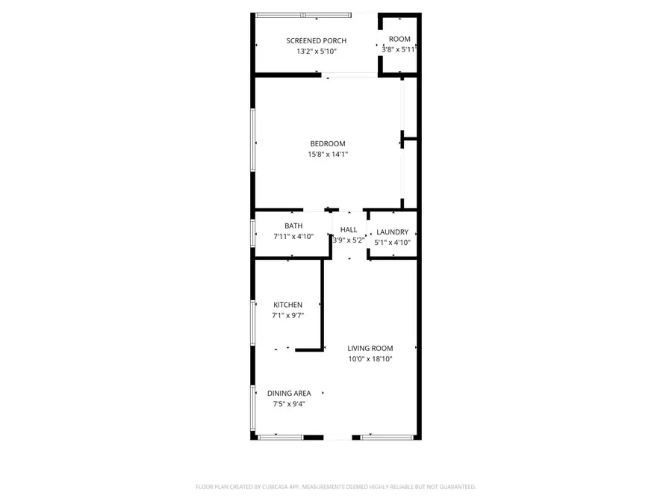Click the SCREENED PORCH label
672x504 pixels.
pyautogui.click(x=317, y=40)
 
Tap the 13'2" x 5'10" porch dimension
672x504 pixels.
pyautogui.click(x=317, y=52)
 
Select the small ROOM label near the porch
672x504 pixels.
pyautogui.click(x=399, y=39)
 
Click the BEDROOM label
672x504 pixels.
pyautogui.click(x=328, y=143)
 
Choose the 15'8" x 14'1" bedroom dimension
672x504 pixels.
pyautogui.click(x=328, y=155)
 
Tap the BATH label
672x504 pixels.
pyautogui.click(x=293, y=225)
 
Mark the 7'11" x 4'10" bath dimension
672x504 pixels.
pyautogui.click(x=293, y=237)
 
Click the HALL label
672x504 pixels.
pyautogui.click(x=349, y=230)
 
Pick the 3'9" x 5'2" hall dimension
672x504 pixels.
pyautogui.click(x=349, y=240)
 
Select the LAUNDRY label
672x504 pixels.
pyautogui.click(x=392, y=232)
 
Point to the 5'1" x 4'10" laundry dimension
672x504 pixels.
pyautogui.click(x=392, y=243)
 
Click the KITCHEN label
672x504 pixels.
pyautogui.click(x=287, y=305)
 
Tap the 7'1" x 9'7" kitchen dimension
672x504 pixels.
pyautogui.click(x=287, y=316)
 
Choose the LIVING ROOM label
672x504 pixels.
pyautogui.click(x=370, y=348)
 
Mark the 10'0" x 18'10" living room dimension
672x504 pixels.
pyautogui.click(x=370, y=359)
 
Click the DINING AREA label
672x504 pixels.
pyautogui.click(x=289, y=393)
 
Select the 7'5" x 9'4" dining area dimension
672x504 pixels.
pyautogui.click(x=289, y=405)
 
